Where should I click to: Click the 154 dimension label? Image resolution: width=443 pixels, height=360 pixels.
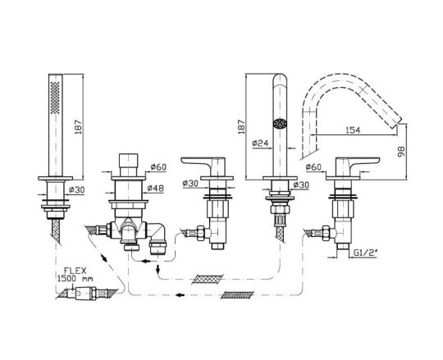[353, 130]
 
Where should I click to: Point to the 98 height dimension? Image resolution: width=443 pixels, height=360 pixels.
[401, 152]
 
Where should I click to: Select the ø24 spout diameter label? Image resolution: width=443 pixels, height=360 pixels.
[260, 144]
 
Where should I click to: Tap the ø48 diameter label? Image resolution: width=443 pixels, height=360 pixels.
[155, 188]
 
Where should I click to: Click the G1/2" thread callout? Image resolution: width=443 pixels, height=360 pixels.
[366, 253]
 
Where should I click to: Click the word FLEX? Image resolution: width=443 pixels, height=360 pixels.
[75, 271]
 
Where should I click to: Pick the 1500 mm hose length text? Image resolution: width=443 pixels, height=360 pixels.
[75, 278]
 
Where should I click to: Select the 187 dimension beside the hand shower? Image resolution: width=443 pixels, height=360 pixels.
[78, 127]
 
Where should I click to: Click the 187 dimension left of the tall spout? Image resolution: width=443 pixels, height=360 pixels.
[241, 127]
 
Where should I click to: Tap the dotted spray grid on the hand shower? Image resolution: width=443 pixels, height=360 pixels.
[55, 98]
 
